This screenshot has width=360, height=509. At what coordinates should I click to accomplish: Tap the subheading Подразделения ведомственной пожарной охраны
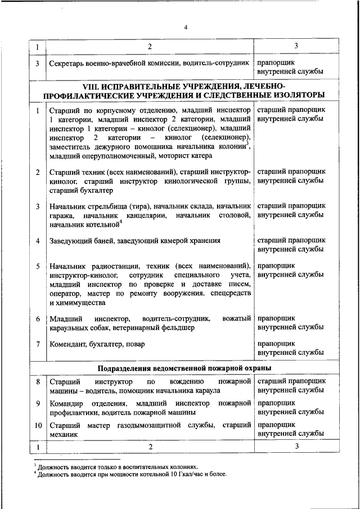185,368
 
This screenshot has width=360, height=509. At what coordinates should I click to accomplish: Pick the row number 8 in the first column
37,382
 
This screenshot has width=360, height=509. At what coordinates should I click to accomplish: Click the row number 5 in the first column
37,266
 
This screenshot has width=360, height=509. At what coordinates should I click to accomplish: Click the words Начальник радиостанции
92,266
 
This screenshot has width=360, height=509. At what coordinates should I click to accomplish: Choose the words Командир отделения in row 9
82,404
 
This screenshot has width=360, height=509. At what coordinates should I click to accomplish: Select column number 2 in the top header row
150,46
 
